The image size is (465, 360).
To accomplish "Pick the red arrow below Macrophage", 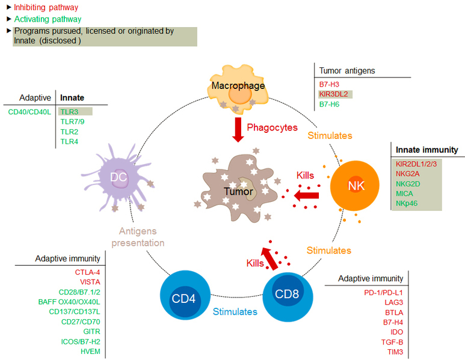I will [x=239, y=129].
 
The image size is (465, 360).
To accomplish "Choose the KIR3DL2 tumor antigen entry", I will [x=334, y=94].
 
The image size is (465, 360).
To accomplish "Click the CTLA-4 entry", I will [x=88, y=272].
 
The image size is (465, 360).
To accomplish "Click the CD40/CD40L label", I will [x=28, y=111].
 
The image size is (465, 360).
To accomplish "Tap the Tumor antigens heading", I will [x=347, y=70].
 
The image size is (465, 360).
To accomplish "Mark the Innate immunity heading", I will [x=427, y=150].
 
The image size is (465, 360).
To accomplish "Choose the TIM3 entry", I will [x=394, y=351].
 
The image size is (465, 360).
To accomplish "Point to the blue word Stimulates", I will [x=235, y=312].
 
